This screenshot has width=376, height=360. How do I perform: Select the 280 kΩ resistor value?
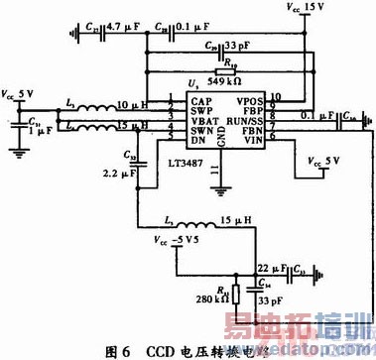click(212, 302)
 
